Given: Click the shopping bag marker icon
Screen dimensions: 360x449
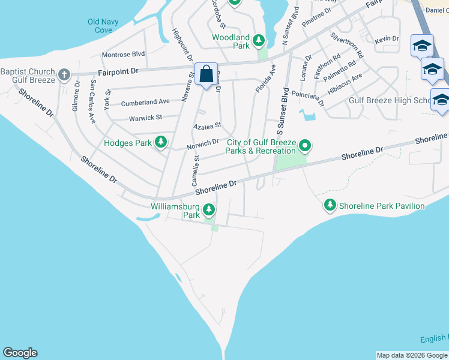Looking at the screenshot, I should click(x=206, y=74).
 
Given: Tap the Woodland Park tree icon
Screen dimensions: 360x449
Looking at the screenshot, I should click(x=259, y=41).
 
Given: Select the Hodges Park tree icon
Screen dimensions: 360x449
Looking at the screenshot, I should click(x=161, y=142).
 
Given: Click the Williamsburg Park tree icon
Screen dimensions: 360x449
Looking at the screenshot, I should click(x=208, y=209).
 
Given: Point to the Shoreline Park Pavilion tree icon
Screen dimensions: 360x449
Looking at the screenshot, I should click(x=330, y=206).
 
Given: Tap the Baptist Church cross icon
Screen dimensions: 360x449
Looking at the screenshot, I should click(x=64, y=76).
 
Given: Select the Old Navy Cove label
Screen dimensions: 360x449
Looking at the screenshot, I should click(x=103, y=26).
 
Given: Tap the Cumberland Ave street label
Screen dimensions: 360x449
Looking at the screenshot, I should click(x=145, y=103).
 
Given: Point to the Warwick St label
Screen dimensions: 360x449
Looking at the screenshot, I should click(x=145, y=118).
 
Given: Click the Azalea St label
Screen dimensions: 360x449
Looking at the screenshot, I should click(x=207, y=126).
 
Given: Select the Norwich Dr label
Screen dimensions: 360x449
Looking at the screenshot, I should click(x=202, y=143).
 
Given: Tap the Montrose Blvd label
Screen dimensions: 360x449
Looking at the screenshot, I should click(x=124, y=54).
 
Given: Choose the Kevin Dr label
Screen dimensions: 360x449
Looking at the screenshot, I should click(x=387, y=39).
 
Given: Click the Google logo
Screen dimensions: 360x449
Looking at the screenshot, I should click(x=20, y=353).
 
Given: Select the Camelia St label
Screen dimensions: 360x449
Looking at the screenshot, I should click(x=195, y=170).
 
